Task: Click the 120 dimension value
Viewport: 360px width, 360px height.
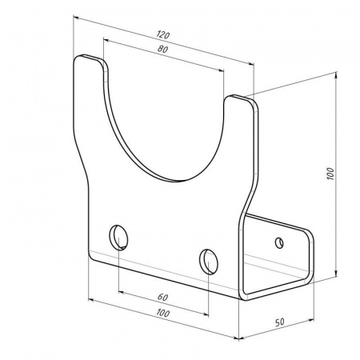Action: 163,34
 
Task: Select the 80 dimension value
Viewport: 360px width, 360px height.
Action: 162,49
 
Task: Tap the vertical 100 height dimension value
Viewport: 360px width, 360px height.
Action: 330,174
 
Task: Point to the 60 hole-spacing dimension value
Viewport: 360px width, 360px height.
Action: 162,297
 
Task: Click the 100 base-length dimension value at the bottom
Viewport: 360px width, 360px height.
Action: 163,313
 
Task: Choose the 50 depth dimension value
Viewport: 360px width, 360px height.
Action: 280,322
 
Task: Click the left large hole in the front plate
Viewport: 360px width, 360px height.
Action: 118,238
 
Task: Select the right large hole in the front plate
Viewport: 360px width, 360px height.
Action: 209,262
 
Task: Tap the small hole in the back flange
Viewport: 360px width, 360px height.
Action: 279,242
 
